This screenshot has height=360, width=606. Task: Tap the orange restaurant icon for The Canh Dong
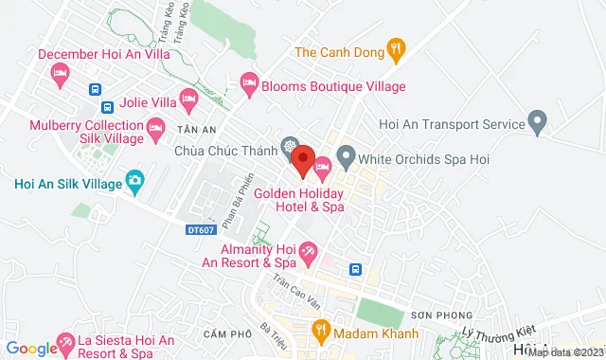(397, 46)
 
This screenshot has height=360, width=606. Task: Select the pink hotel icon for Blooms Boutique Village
(249, 85)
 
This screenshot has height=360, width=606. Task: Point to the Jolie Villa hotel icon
(188, 98)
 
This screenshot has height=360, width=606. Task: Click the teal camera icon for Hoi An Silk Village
(134, 179)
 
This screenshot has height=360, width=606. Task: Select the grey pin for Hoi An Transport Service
(538, 123)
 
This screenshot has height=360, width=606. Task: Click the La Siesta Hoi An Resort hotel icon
(66, 340)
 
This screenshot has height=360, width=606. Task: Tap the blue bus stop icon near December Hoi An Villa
(95, 89)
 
